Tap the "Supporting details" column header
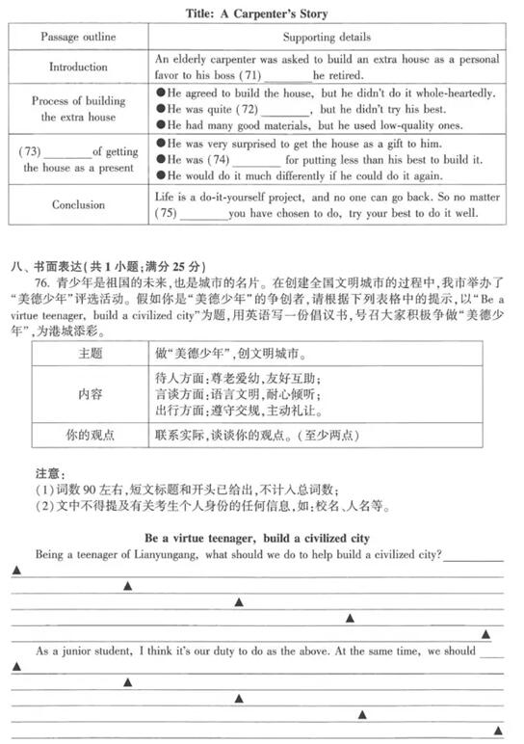click(327, 37)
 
